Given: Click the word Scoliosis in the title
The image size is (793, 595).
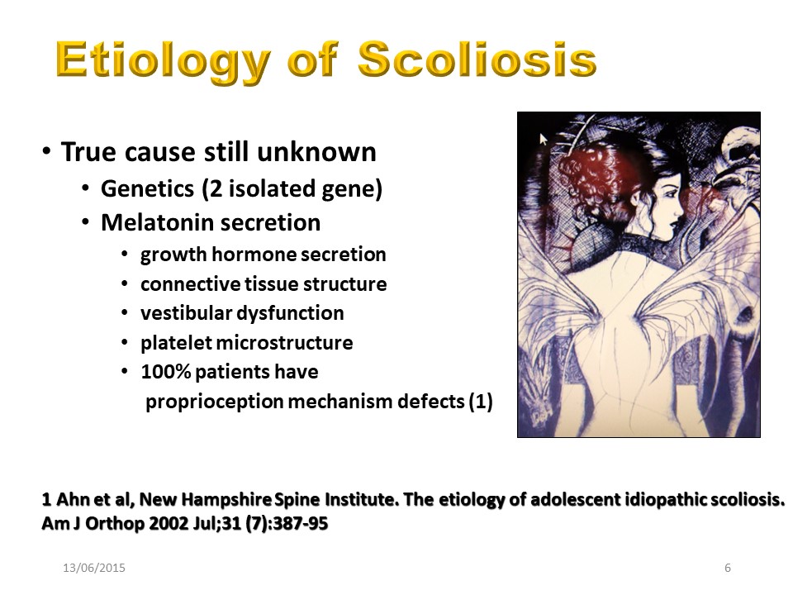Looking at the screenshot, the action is click(477, 59).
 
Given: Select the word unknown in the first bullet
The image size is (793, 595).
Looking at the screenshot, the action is click(316, 152).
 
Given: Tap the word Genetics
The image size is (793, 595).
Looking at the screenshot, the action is click(147, 188).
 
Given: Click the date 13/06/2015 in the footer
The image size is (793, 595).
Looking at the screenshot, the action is click(94, 569).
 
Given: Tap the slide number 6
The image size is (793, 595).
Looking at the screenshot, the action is click(728, 569).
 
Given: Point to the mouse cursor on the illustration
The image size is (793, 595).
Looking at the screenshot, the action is click(544, 139).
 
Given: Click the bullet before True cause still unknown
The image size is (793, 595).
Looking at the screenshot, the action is click(46, 151).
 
